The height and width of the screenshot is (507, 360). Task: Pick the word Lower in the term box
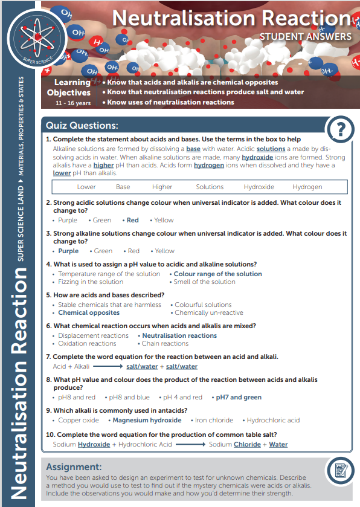click(86, 187)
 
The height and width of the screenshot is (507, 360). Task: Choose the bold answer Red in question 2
click(132, 221)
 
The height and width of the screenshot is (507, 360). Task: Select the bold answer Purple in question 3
click(68, 251)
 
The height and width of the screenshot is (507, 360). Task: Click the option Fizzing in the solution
click(91, 282)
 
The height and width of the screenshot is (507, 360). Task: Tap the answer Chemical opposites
click(89, 313)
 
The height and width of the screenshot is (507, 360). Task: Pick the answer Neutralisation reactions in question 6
click(179, 335)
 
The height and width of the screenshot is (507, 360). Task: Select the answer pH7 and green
click(239, 398)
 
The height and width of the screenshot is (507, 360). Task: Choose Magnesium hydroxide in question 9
click(147, 421)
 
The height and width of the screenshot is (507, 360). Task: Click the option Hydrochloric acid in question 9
click(273, 421)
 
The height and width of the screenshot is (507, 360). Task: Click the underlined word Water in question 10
click(278, 444)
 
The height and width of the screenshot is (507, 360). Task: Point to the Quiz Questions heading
click(82, 126)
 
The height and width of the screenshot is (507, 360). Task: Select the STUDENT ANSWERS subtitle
click(305, 37)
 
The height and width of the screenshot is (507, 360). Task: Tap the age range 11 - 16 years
click(72, 103)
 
